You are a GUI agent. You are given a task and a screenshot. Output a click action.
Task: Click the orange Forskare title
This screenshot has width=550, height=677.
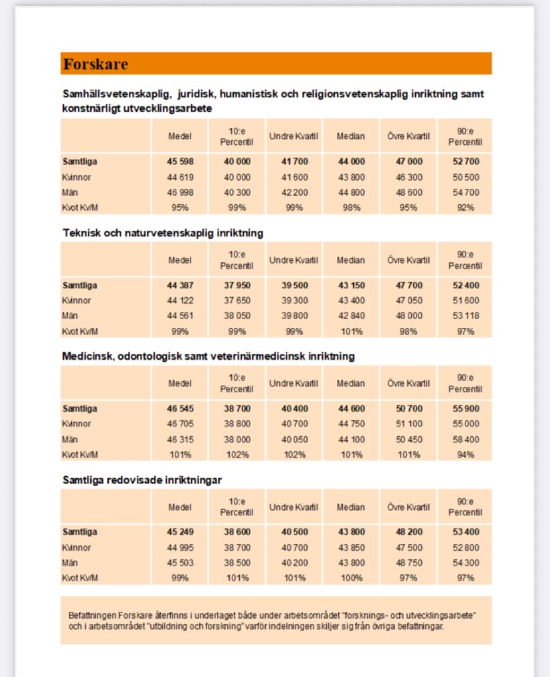pos(96,65)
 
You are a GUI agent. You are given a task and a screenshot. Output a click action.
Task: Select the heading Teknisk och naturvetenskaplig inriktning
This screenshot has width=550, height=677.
pos(163,233)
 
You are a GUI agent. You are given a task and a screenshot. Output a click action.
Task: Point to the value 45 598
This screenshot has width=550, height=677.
pos(179,162)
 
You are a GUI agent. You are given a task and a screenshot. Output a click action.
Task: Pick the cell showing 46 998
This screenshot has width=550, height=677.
pos(179,192)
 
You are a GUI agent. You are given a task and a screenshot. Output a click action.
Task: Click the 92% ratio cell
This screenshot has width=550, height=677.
pos(465,207)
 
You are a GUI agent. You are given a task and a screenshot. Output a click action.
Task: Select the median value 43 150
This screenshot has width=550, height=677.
pos(351,285)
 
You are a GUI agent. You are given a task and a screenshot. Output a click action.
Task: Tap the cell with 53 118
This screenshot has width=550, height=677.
pos(465,316)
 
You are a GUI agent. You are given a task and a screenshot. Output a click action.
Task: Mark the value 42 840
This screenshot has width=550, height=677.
pos(351,316)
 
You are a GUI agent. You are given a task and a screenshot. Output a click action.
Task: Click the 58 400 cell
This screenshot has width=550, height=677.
pos(465,440)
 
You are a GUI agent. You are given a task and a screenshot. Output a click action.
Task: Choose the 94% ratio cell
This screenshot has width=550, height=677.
pos(465,455)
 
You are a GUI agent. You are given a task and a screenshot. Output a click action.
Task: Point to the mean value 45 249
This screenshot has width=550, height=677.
pos(179,532)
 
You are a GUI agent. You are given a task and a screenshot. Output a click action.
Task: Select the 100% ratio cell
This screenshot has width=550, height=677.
pos(351,578)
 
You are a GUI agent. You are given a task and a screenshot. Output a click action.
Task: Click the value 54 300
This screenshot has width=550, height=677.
pos(465,563)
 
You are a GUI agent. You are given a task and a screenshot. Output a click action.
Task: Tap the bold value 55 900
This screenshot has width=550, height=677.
pos(465,409)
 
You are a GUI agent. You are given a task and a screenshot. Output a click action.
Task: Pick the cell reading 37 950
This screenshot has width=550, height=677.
pos(237,285)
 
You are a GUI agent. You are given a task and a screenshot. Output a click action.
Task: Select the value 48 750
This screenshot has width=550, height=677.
pos(409,563)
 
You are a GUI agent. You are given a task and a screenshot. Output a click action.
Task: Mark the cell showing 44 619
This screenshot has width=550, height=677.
pos(179,178)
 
